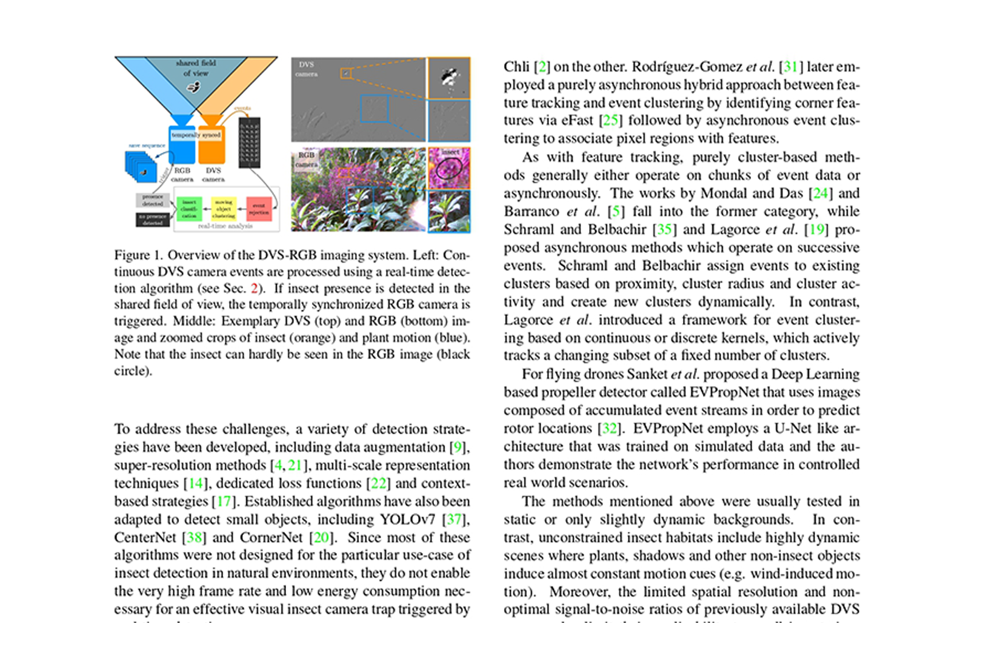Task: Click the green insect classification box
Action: point(189,209)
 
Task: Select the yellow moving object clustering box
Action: point(224,209)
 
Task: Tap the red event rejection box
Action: point(259,209)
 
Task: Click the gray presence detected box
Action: point(153,200)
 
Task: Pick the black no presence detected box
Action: point(153,220)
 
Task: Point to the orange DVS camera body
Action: point(212,144)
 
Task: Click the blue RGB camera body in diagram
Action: point(181,144)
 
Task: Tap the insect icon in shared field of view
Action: point(194,87)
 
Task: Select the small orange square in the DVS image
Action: point(345,73)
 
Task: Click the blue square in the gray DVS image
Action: point(374,109)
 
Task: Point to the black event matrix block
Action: point(250,143)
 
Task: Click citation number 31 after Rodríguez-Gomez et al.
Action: point(790,67)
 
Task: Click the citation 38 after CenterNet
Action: point(195,538)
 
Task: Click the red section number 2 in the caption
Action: point(255,289)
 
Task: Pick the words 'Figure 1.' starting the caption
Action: point(138,255)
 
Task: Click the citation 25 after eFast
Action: point(610,121)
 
